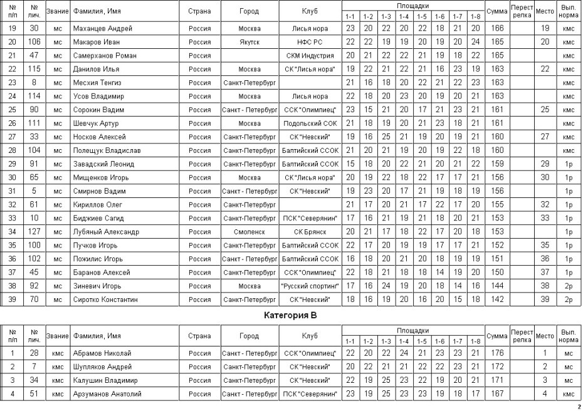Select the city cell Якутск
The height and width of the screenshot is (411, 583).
tap(249, 42)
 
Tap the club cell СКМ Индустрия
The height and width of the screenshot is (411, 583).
tap(310, 56)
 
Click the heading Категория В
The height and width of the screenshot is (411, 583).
tap(291, 315)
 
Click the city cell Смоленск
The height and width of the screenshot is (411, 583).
tap(249, 232)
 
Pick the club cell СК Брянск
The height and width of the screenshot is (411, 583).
tap(310, 232)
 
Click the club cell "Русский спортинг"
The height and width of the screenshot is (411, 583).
tap(310, 286)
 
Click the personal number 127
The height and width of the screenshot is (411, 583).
tap(34, 232)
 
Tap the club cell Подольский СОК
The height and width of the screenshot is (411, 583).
tap(310, 123)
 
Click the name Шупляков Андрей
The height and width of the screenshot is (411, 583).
tap(102, 367)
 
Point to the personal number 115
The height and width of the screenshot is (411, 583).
tap(34, 69)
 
